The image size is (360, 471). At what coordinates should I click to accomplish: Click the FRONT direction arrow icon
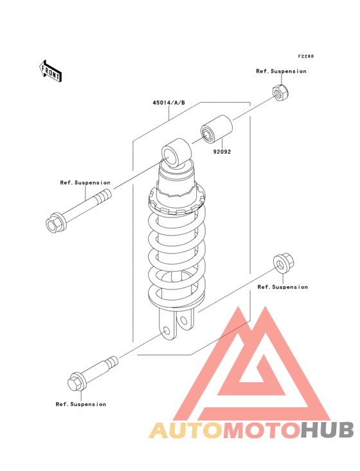point(51,70)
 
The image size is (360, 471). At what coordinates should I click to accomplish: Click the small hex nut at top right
point(278,95)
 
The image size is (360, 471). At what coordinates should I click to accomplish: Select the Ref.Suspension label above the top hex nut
point(281,71)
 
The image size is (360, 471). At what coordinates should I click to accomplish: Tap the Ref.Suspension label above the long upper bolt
point(85,183)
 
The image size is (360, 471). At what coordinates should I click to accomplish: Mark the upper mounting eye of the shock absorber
point(174,155)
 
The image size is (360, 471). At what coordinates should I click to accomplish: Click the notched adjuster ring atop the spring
point(177,199)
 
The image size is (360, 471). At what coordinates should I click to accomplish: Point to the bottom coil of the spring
point(177,293)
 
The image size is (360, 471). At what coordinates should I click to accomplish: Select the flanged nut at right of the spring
point(280,263)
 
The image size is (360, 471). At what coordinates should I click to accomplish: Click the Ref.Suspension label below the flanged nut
point(282,287)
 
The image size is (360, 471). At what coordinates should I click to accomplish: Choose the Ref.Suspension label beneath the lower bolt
point(80,404)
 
